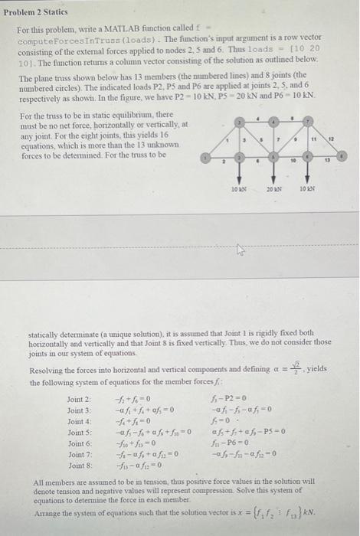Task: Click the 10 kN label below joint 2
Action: coord(239,189)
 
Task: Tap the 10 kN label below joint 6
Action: coord(308,189)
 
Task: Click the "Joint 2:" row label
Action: coord(80,399)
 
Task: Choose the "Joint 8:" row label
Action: coord(80,466)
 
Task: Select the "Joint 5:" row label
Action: coord(80,433)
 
